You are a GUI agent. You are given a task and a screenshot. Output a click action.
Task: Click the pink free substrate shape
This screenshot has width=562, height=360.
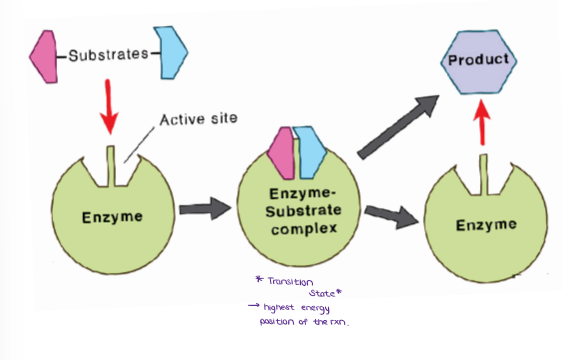[44, 55]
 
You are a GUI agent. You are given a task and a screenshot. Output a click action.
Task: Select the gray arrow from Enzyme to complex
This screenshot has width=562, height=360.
[203, 211]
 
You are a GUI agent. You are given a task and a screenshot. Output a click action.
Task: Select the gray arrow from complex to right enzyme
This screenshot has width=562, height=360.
[391, 215]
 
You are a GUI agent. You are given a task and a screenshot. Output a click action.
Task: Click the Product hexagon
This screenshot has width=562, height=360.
[478, 60]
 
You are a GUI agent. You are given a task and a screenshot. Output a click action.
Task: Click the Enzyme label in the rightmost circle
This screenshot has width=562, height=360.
[486, 225]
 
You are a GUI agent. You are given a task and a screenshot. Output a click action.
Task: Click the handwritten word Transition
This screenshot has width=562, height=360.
[294, 282]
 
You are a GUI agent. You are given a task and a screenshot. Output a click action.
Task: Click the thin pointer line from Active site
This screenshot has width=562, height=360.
[134, 141]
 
